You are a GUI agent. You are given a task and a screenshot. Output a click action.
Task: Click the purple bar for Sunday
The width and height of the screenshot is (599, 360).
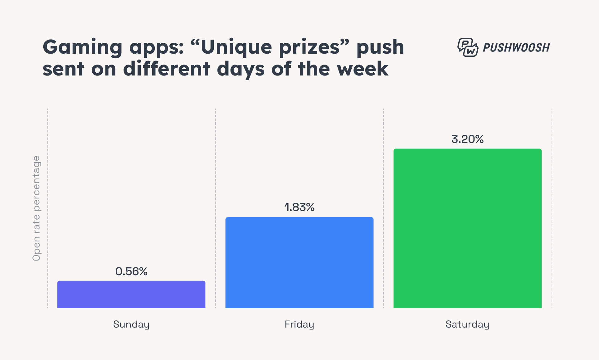(x=131, y=294)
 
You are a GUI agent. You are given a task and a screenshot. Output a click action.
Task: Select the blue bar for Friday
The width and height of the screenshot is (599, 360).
(x=299, y=263)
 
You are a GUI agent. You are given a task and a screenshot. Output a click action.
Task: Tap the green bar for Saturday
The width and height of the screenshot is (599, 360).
(x=467, y=228)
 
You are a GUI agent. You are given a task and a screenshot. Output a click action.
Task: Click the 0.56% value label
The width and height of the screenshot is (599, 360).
(x=131, y=271)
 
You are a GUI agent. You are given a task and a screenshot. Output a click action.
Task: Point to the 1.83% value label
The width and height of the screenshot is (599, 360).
(x=299, y=207)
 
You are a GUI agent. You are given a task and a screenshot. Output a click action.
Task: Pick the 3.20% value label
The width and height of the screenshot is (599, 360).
(x=467, y=139)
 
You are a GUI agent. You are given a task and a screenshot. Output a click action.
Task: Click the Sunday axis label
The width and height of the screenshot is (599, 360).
(x=131, y=324)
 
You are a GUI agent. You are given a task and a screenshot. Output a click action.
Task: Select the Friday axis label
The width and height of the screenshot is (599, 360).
(x=299, y=324)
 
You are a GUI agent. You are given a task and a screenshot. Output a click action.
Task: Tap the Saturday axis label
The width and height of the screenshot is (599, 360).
(x=467, y=324)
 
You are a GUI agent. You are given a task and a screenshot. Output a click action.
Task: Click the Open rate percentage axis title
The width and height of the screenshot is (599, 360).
(x=37, y=208)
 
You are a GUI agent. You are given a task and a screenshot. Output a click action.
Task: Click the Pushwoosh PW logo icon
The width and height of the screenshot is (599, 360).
(x=467, y=47)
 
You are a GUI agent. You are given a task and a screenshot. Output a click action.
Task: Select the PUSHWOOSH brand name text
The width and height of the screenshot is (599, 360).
(x=516, y=48)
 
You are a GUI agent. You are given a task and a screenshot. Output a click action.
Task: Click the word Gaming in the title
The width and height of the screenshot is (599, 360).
(x=82, y=47)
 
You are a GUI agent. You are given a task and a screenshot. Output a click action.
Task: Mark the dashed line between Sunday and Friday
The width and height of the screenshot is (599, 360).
(x=216, y=206)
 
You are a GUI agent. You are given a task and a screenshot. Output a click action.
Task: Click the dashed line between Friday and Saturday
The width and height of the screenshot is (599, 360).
(x=383, y=206)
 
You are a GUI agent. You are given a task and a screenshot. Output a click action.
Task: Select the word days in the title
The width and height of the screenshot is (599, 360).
(x=241, y=69)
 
